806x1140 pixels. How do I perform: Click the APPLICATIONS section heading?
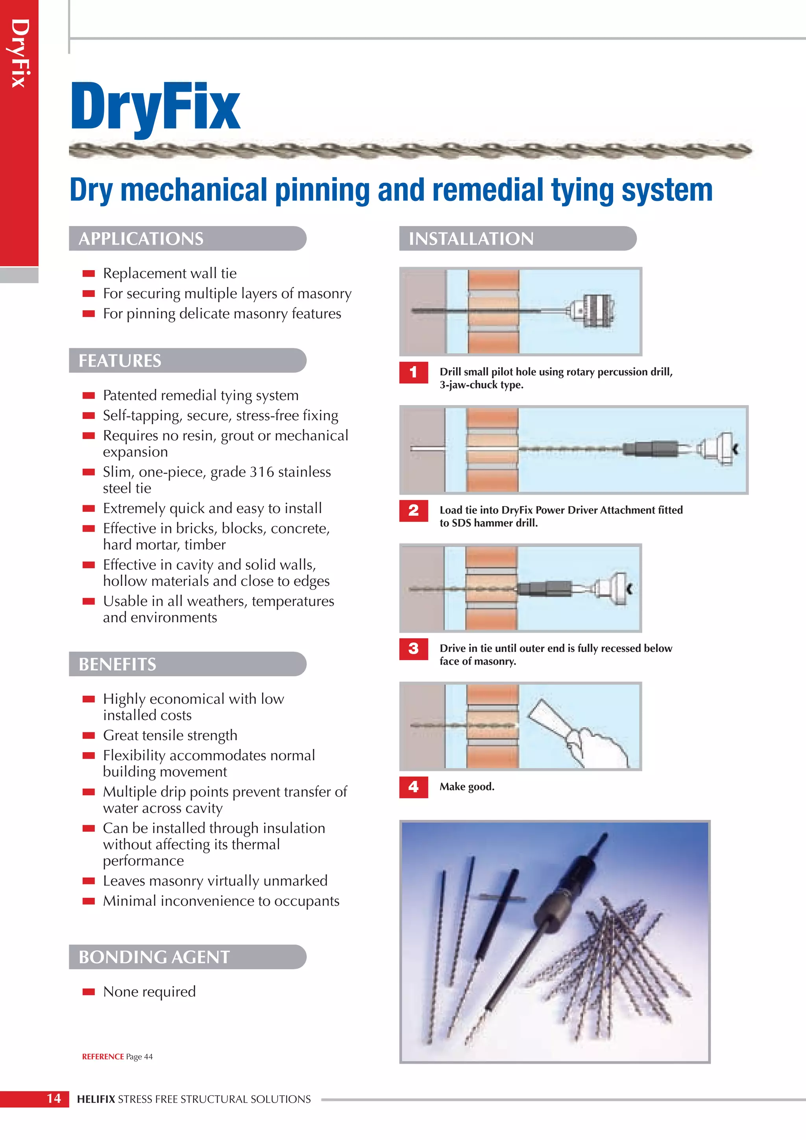[x=141, y=239]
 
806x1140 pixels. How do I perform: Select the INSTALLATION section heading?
[x=471, y=239]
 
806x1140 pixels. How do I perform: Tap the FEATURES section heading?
[x=120, y=360]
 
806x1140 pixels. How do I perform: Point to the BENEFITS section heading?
[x=117, y=664]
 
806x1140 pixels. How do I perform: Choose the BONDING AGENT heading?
[x=154, y=957]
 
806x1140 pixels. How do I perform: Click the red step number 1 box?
[x=413, y=373]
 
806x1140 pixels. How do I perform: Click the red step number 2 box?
[x=413, y=510]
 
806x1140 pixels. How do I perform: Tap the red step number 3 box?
[x=413, y=649]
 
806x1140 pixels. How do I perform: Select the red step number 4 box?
[x=413, y=786]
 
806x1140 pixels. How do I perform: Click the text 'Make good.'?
[x=466, y=786]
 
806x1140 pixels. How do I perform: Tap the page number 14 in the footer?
[x=54, y=1098]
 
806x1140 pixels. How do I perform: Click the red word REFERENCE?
[x=103, y=1057]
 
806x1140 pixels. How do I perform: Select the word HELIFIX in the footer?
[x=96, y=1099]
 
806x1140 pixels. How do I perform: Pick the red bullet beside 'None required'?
[x=88, y=992]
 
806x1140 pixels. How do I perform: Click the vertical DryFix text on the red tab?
[x=19, y=54]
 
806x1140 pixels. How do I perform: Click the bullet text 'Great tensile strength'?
[x=170, y=735]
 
